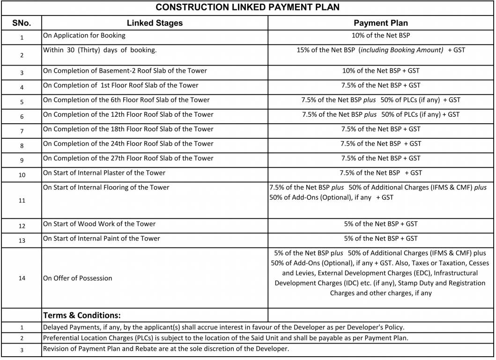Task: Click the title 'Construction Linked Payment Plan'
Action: tap(247, 7)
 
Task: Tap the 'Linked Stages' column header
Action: tap(155, 23)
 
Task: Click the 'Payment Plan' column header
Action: tap(380, 23)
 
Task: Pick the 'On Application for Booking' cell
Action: tap(84, 36)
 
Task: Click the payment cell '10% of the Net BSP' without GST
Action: tap(380, 36)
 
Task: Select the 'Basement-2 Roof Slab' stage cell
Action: tap(125, 71)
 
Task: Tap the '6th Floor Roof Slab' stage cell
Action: tap(126, 100)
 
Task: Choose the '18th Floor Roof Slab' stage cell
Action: tap(128, 129)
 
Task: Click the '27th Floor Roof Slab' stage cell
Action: tap(128, 158)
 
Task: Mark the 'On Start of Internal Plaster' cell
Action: tap(104, 173)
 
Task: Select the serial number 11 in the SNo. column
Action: tap(22, 201)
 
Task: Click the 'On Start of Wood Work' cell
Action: tap(99, 224)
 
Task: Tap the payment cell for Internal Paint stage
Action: tap(380, 239)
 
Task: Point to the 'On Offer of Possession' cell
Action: tap(78, 278)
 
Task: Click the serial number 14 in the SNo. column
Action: tap(22, 278)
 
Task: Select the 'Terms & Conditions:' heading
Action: tap(82, 315)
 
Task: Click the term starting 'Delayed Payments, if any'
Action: tap(223, 327)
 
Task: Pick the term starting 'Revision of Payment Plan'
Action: tap(166, 349)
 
